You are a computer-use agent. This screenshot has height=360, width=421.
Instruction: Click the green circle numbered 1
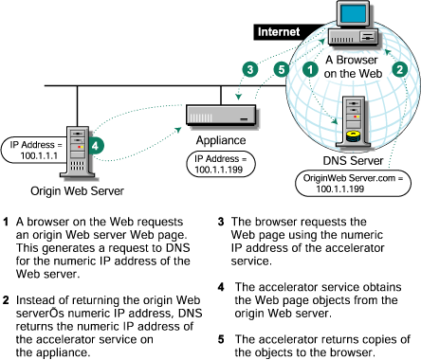[310, 69]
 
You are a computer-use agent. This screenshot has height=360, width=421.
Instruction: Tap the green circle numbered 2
[400, 69]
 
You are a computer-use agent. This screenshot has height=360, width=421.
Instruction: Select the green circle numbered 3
[250, 69]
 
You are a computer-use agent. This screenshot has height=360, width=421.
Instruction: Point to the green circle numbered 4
[96, 146]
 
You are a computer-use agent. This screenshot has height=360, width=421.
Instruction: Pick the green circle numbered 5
[282, 69]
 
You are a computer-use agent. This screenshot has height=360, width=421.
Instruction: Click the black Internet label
[279, 32]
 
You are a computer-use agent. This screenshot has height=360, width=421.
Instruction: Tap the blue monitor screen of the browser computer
[353, 13]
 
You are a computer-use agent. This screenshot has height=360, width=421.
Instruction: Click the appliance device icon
[222, 116]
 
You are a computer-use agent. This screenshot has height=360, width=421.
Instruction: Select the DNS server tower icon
[354, 122]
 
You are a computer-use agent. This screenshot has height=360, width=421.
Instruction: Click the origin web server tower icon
[77, 152]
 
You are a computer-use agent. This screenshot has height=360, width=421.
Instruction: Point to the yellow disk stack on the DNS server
[353, 136]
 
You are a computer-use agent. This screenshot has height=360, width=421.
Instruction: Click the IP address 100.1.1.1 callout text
[36, 151]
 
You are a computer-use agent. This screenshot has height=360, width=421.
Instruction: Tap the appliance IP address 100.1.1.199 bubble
[220, 164]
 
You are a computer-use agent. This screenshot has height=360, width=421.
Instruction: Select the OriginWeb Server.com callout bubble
[353, 184]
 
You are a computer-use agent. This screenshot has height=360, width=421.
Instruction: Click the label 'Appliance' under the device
[221, 140]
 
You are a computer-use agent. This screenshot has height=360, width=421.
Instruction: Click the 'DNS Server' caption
[353, 160]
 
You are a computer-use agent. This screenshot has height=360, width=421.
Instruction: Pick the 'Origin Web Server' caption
[77, 191]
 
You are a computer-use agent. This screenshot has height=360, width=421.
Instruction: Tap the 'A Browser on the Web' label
[353, 66]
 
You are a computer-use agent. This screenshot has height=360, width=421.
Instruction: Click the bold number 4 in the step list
[221, 287]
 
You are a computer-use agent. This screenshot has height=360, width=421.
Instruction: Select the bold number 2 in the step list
[6, 300]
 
